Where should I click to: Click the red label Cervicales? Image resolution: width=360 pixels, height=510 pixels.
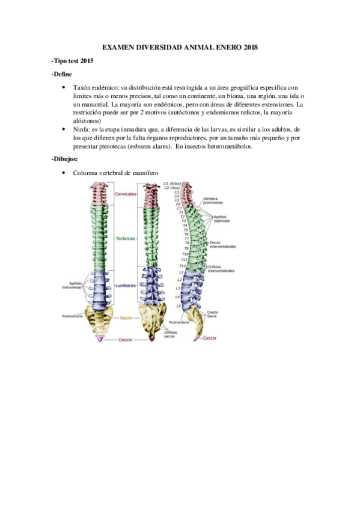(125, 194)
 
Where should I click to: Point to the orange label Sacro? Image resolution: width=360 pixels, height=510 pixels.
(126, 317)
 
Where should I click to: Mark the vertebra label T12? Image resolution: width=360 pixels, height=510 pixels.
(182, 265)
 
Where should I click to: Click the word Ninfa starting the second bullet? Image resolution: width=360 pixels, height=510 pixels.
(81, 129)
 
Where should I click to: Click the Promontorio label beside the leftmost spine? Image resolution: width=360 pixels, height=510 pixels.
(73, 316)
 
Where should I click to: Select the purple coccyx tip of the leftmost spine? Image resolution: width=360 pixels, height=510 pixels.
(98, 341)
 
